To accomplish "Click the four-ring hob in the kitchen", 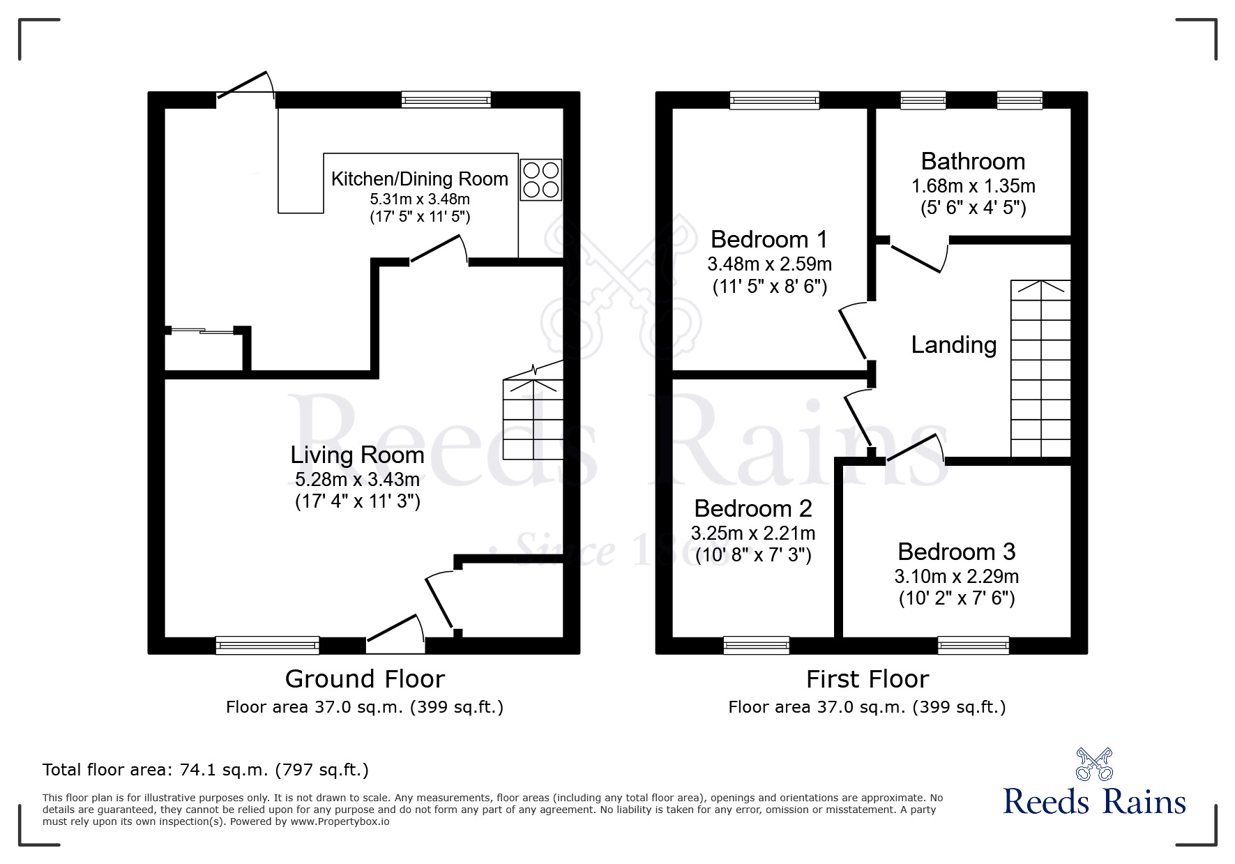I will (x=541, y=180).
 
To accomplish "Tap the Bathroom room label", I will (x=973, y=162).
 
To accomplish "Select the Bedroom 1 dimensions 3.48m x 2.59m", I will (x=769, y=264).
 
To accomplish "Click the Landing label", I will (x=953, y=345).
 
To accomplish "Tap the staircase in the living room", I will (x=533, y=418).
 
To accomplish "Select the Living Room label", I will (x=357, y=455).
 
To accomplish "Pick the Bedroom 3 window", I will (x=973, y=645).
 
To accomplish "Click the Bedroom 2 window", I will (x=757, y=645).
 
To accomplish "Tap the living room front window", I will (x=268, y=645).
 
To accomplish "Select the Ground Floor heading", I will (x=365, y=679).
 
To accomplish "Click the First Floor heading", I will (x=867, y=679).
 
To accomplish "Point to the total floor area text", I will (x=206, y=770).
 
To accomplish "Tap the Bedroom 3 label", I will (x=956, y=552).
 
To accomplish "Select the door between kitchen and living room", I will (x=438, y=251).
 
